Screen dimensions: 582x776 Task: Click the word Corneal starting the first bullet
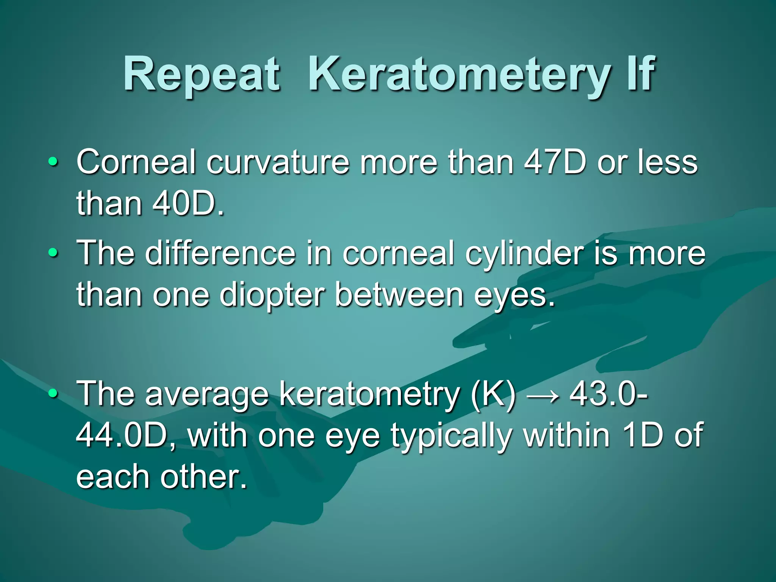pyautogui.click(x=136, y=162)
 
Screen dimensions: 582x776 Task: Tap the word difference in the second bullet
pyautogui.click(x=220, y=253)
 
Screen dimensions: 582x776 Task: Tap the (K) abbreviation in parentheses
pyautogui.click(x=493, y=394)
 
